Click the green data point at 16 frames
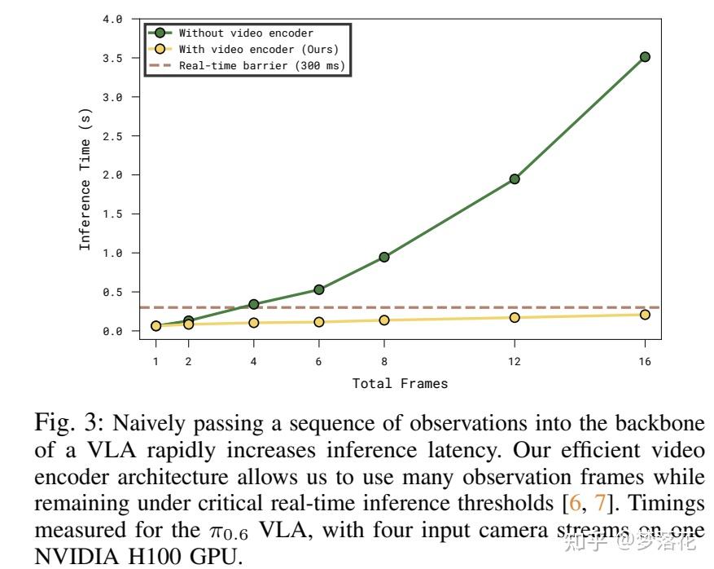click(645, 56)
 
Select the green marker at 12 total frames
click(515, 179)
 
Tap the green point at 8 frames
click(384, 257)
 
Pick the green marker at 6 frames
click(319, 289)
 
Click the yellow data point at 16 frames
click(645, 315)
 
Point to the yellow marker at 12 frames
click(515, 317)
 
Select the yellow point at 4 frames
click(254, 323)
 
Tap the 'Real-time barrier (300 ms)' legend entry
click(261, 65)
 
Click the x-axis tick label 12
click(515, 361)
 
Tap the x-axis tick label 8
click(384, 361)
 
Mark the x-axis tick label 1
click(156, 361)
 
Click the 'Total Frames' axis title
click(400, 383)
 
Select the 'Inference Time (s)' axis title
click(85, 175)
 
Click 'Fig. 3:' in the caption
click(68, 424)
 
